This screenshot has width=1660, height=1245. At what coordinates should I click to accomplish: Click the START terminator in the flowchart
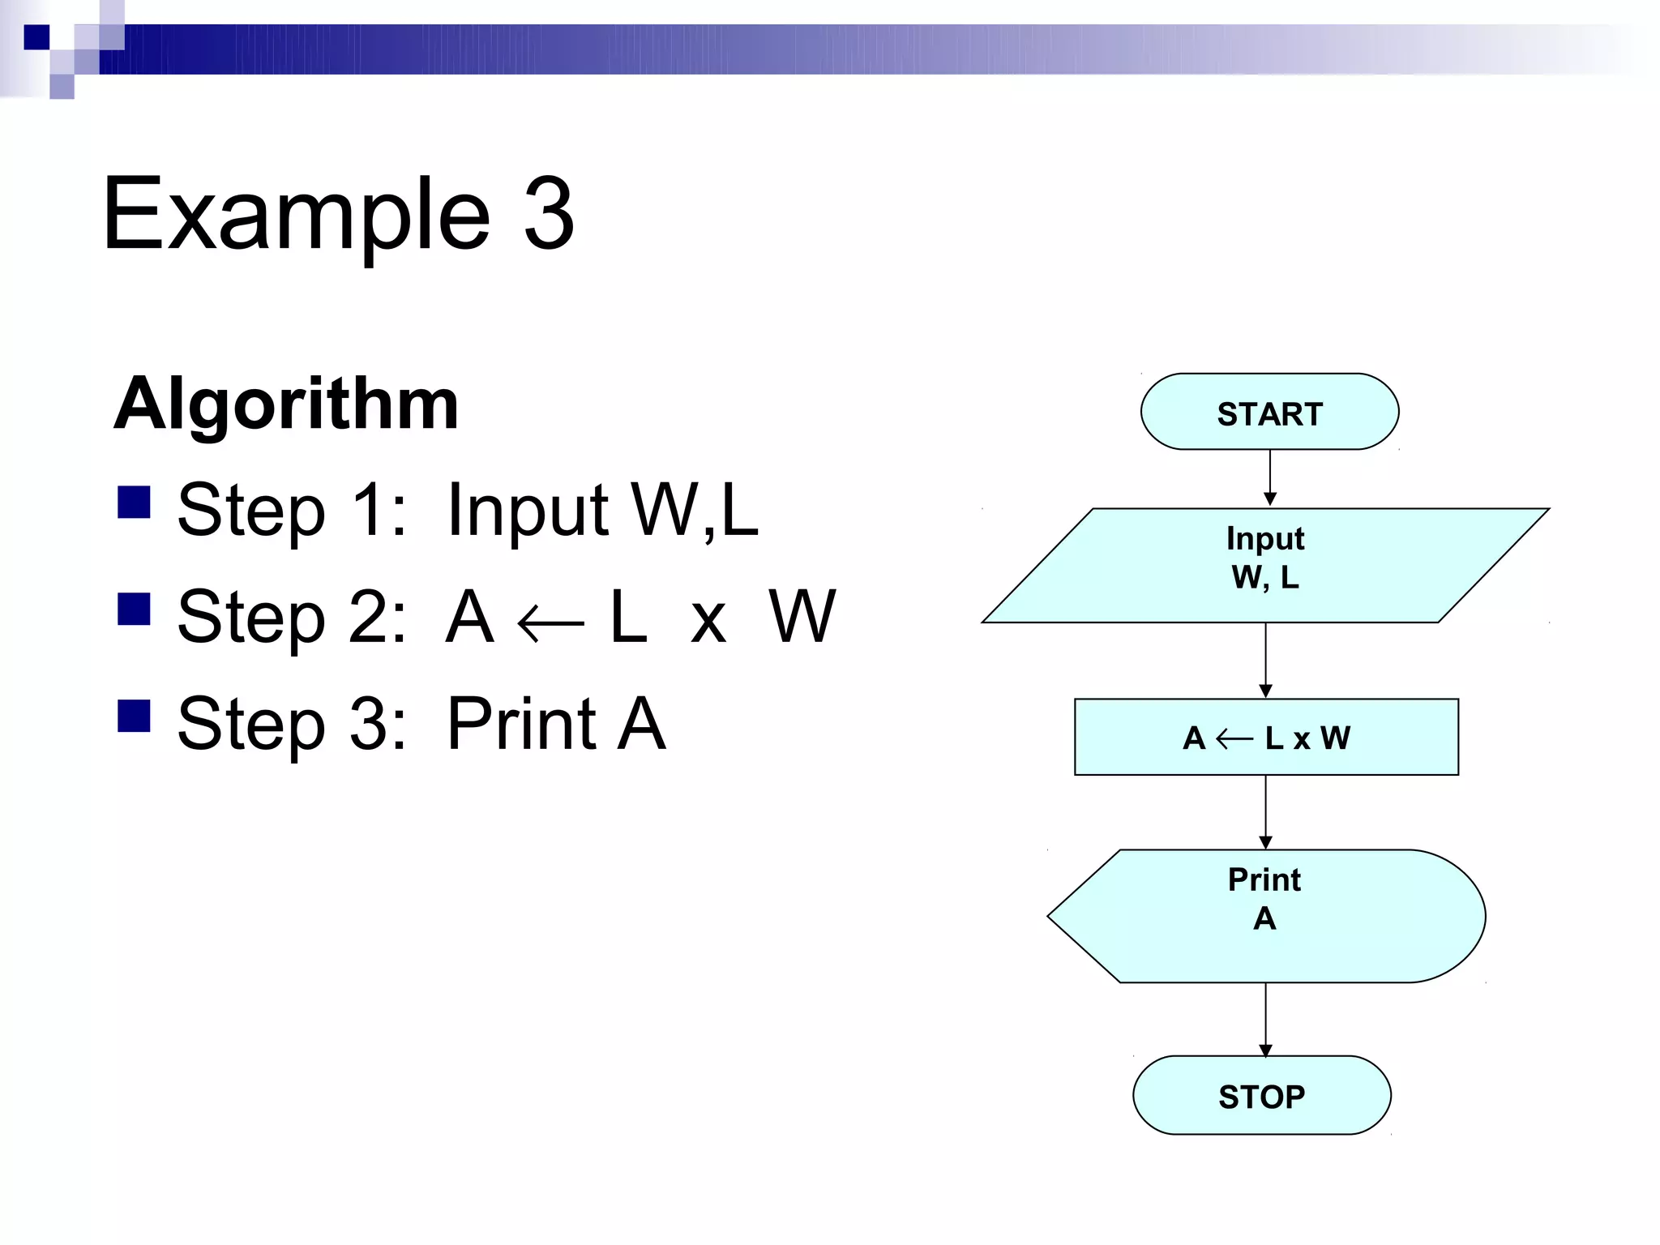coord(1269,412)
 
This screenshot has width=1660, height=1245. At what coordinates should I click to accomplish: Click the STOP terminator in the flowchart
coord(1261,1095)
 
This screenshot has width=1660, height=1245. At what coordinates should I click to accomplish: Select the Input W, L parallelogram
coord(1264,565)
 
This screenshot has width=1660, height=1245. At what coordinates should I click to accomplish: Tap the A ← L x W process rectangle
coord(1265,737)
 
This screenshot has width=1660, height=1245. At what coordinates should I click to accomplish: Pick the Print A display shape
coord(1265,916)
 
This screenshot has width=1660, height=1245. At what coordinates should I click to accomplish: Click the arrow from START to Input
coord(1269,478)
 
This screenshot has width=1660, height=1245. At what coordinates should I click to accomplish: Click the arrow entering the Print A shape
coord(1265,812)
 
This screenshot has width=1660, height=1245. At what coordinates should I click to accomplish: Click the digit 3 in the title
coord(549,214)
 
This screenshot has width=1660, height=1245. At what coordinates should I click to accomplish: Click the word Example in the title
coord(297,214)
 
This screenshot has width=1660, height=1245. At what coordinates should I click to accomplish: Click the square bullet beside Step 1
coord(134,502)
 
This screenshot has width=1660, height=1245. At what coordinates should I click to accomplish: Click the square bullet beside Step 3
coord(134,716)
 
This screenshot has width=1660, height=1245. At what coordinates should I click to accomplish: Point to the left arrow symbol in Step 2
coord(550,624)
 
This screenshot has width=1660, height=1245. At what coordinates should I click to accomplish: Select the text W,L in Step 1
coord(695,510)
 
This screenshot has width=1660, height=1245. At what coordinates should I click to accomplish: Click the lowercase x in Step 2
coord(708,622)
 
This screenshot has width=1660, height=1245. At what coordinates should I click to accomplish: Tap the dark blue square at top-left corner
coord(36,37)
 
